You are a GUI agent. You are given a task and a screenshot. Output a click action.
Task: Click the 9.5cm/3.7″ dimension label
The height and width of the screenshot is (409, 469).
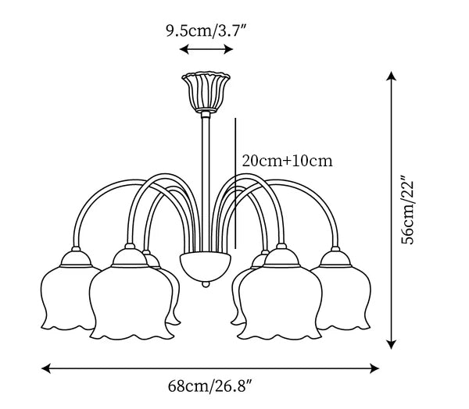coord(206,30)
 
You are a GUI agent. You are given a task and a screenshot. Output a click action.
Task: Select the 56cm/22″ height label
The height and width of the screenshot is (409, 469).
coord(408,209)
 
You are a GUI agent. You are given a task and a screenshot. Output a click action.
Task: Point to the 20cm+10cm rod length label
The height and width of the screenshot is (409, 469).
coord(287,161)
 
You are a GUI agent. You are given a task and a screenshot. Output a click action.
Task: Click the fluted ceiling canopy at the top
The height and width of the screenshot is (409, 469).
coord(206,92)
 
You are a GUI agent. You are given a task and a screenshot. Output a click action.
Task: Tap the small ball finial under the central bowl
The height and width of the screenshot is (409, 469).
coord(206,284)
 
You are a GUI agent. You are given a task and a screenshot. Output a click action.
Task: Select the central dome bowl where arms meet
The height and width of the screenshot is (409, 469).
coord(206,266)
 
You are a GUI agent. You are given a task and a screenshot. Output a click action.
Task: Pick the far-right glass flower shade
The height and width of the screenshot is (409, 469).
coord(342,298)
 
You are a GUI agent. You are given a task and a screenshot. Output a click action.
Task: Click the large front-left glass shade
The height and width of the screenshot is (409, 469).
coord(131,304)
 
